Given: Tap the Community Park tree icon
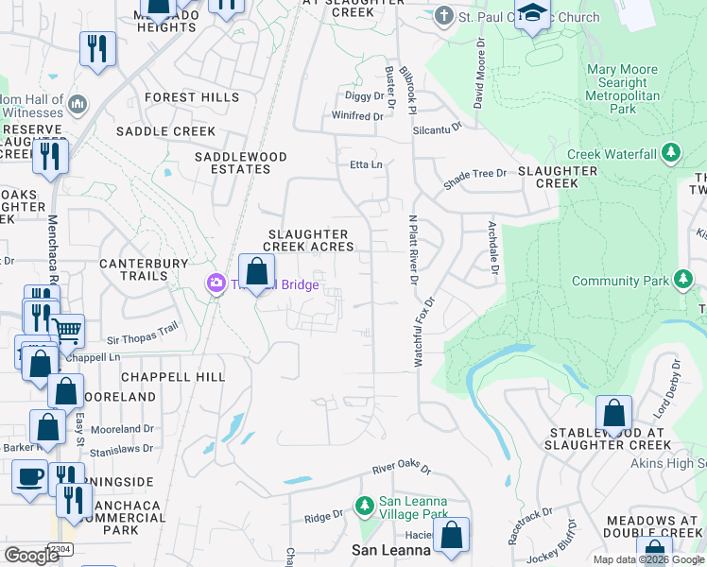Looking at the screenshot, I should click(682, 281).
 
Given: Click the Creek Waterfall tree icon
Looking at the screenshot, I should click(671, 152).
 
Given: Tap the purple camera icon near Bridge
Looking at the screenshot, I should click(216, 283).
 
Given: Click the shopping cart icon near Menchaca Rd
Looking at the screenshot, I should click(66, 330).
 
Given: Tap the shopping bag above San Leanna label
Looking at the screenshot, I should click(452, 534).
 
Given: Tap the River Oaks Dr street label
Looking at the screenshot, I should click(401, 470).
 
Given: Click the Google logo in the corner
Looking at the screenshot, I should click(32, 556).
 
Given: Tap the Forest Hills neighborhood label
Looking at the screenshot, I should click(192, 97).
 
